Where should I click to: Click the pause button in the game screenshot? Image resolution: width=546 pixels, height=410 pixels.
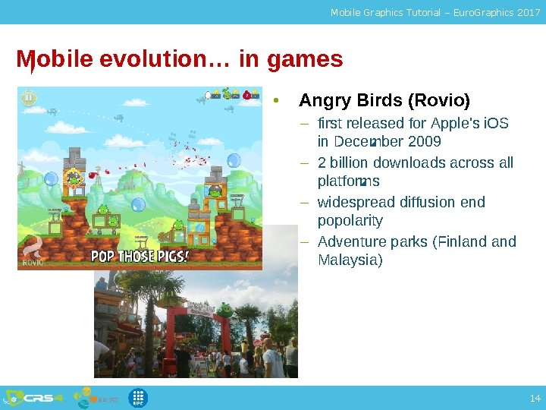(x=28, y=98)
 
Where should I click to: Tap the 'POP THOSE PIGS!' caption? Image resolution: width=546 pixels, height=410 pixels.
(x=140, y=256)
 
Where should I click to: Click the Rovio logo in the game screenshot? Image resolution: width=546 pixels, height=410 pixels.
(x=33, y=251)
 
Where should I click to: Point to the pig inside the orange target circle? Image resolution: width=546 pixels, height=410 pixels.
(x=74, y=178)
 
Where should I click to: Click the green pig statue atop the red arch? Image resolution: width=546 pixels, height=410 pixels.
(x=224, y=309)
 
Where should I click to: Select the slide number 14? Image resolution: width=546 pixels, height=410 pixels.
(x=535, y=398)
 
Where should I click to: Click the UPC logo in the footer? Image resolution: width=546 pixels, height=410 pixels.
(x=137, y=397)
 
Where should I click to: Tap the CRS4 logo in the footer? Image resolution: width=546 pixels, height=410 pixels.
(x=42, y=398)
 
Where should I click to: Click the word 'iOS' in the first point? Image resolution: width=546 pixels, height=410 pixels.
(x=495, y=123)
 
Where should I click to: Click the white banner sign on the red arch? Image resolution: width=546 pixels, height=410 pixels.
(x=201, y=307)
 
